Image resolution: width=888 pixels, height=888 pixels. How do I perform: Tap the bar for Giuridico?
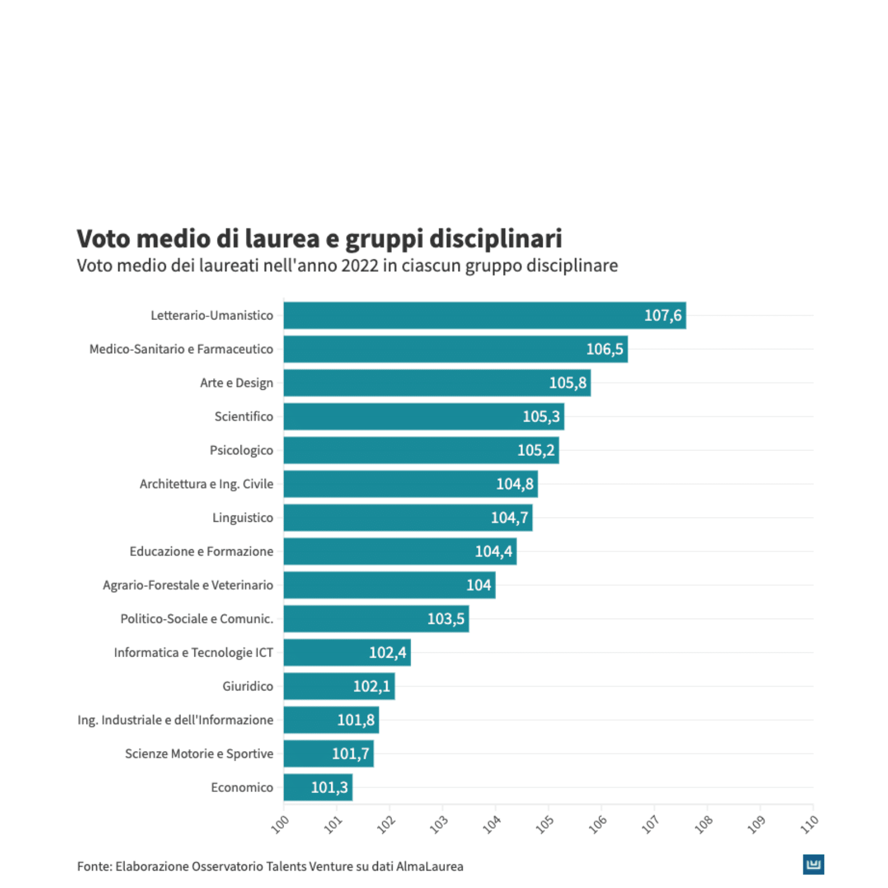coord(338,686)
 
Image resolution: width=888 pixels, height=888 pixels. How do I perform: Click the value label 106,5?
coord(604,349)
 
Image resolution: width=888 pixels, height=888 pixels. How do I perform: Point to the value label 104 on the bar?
coord(478,585)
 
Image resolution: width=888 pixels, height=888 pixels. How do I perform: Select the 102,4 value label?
coord(387,652)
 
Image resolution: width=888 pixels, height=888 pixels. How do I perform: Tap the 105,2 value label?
coord(535,450)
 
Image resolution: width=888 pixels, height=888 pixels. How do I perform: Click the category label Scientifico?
coord(244,417)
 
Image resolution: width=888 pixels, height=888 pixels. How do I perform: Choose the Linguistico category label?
coord(243,518)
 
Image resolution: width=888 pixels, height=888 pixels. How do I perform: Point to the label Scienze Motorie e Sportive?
coord(199,754)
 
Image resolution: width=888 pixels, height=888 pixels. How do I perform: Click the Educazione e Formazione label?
coord(201,551)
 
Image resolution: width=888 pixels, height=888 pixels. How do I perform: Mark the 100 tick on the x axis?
coord(280,824)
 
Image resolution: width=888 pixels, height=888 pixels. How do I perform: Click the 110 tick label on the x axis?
coord(809,824)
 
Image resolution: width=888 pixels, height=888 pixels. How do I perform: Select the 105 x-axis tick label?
coord(544,824)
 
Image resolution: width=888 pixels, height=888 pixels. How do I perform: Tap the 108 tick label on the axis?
coord(703,824)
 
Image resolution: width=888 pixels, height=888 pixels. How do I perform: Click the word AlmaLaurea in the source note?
coord(430,866)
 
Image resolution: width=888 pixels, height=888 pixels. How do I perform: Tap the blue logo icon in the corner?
coord(813,864)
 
